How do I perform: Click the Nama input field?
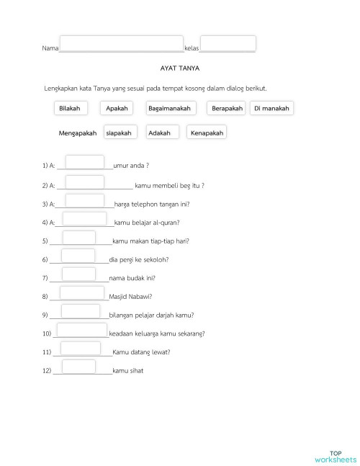(121, 43)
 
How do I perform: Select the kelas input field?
(228, 43)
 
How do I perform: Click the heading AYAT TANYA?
(181, 70)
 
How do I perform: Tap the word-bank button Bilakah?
(70, 108)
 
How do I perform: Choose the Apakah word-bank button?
(116, 108)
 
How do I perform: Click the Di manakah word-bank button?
(271, 108)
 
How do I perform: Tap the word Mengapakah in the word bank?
(77, 133)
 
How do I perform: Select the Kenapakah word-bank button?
(207, 133)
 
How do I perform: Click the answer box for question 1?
(84, 163)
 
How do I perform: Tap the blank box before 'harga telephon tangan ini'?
(84, 200)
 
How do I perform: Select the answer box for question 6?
(78, 256)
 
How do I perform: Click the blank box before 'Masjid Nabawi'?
(82, 292)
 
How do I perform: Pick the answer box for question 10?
(81, 330)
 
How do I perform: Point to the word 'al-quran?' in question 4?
(167, 223)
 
